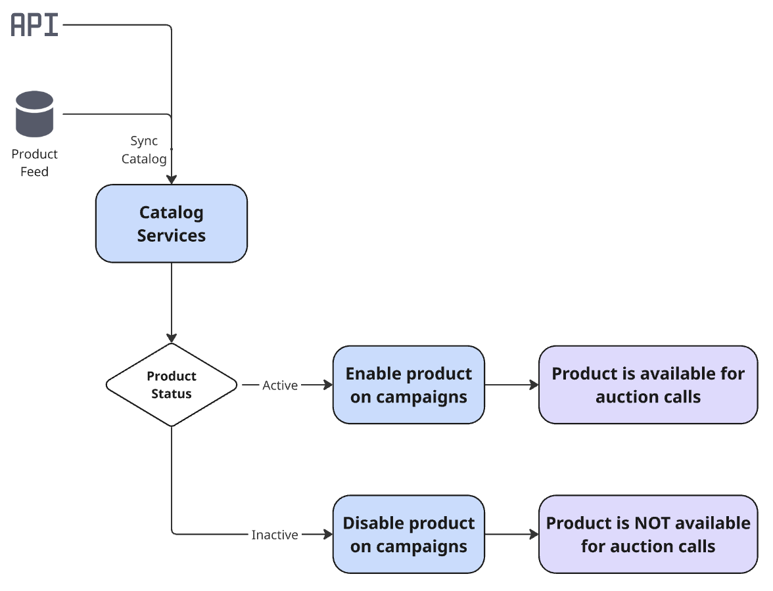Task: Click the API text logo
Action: point(35,25)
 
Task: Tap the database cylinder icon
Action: point(34,114)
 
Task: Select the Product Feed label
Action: point(34,163)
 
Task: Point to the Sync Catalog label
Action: point(144,150)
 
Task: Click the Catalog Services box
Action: point(172,224)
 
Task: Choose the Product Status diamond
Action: point(172,385)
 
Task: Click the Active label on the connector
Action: point(280,385)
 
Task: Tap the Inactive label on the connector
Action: point(275,535)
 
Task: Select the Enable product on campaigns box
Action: point(408,385)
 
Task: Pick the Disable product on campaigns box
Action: point(408,535)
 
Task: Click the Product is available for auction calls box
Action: point(648,385)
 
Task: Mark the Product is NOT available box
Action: point(648,535)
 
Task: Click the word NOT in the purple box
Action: point(650,523)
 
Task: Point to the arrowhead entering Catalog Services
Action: point(172,179)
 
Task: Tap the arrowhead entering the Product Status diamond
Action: point(172,338)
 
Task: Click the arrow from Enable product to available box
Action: point(511,385)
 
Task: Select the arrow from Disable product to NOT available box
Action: point(511,535)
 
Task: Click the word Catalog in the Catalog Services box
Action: point(172,213)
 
